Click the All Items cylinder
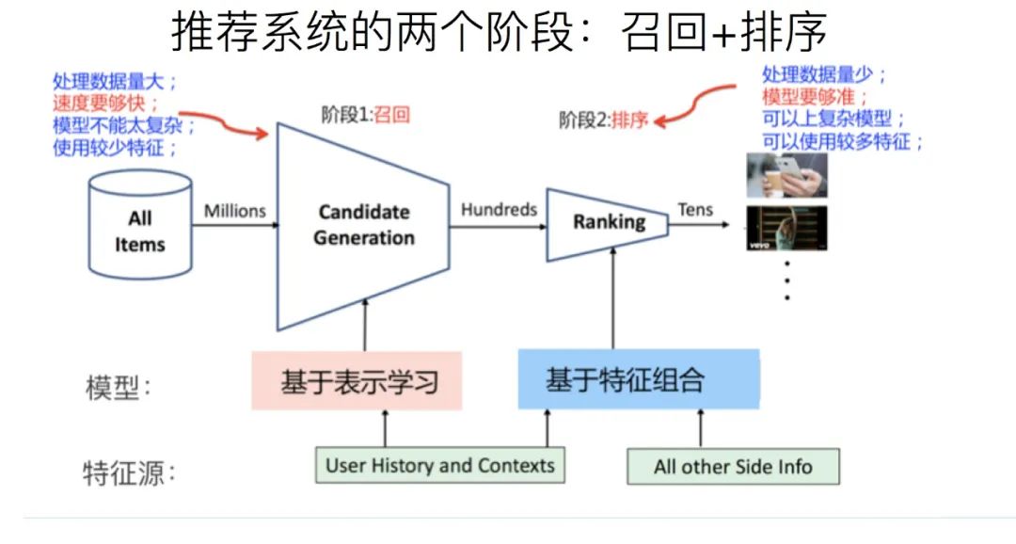(139, 226)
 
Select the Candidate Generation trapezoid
(363, 226)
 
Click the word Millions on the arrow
(235, 211)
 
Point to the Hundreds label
(499, 210)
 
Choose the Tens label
(695, 210)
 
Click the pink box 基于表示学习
(357, 381)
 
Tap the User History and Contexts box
(439, 466)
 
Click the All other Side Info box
(733, 467)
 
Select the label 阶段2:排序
(603, 120)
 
